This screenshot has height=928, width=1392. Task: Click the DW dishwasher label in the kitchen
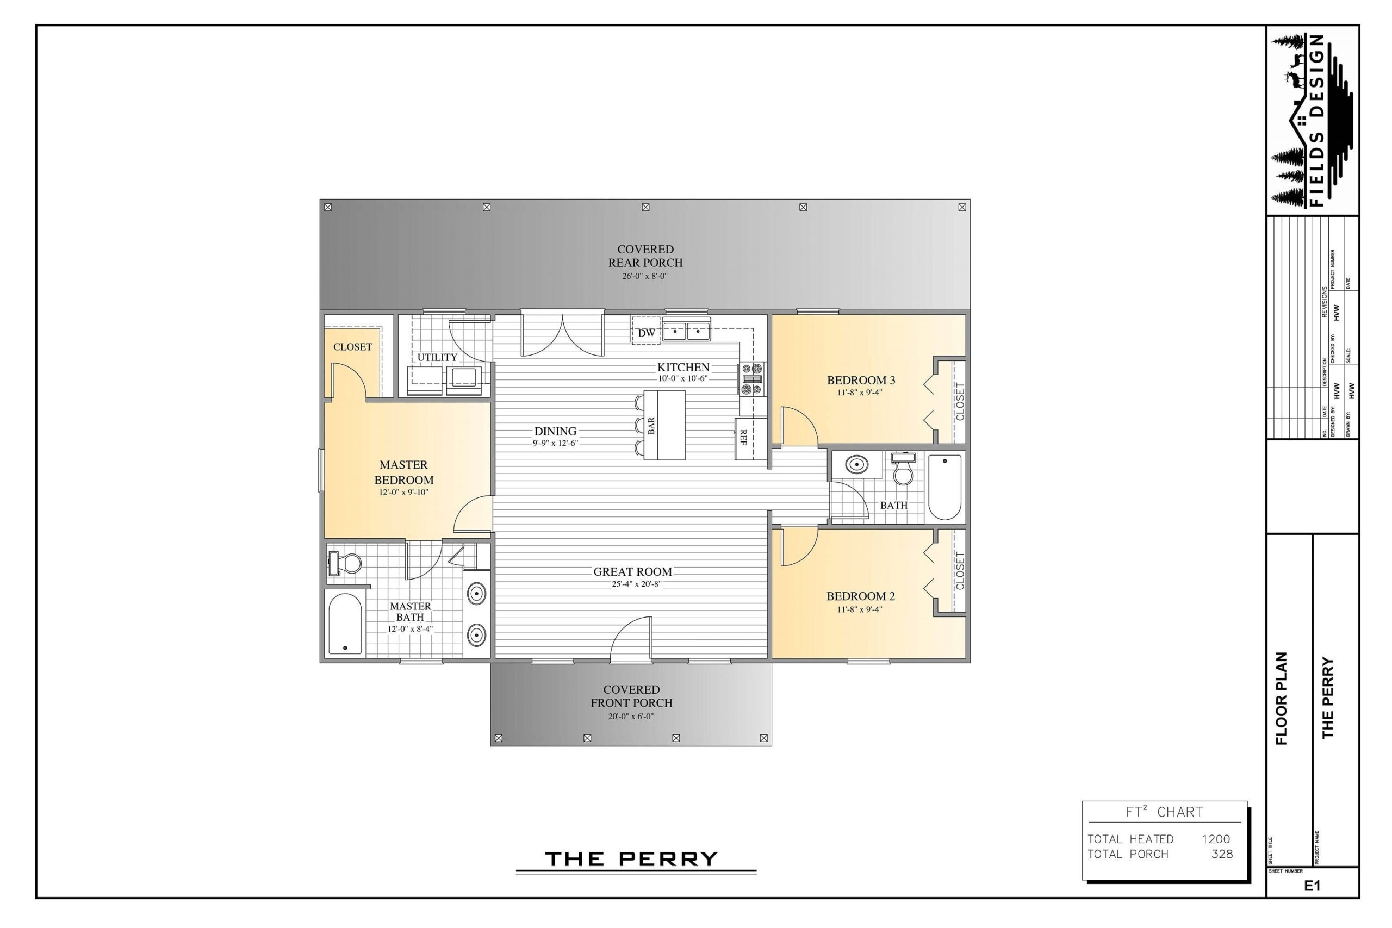click(647, 333)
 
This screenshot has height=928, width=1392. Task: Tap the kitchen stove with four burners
click(751, 379)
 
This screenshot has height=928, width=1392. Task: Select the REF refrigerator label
click(743, 438)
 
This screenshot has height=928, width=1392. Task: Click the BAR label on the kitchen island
click(651, 426)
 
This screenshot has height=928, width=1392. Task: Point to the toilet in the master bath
click(346, 563)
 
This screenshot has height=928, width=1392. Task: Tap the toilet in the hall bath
click(903, 469)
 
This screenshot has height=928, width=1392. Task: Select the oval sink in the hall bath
click(856, 465)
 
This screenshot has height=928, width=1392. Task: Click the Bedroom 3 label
click(861, 380)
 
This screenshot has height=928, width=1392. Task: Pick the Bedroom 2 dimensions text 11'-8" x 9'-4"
click(859, 609)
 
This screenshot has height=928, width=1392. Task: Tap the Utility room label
click(437, 357)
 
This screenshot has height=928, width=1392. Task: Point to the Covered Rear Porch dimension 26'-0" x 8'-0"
click(644, 276)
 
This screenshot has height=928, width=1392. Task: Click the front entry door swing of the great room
click(632, 639)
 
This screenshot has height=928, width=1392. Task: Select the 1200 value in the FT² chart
click(1216, 839)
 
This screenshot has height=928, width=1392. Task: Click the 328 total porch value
click(1222, 854)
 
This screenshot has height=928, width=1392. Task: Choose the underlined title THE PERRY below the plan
click(631, 859)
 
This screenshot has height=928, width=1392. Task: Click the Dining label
click(555, 432)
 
